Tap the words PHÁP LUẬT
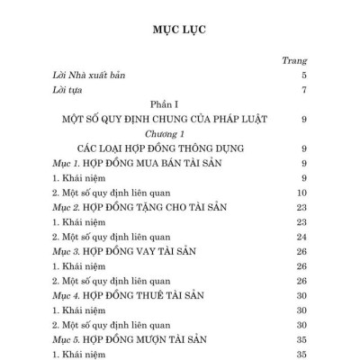(235, 119)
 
